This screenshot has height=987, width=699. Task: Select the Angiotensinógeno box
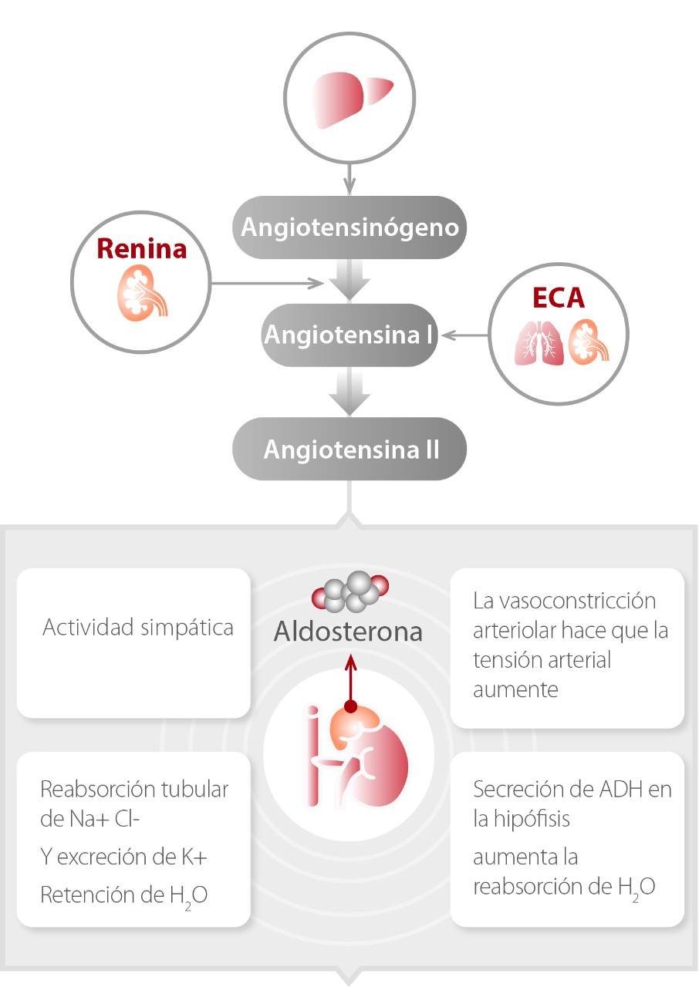click(x=350, y=227)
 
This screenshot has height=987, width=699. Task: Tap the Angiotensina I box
click(x=350, y=335)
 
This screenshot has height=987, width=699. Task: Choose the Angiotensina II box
click(x=350, y=449)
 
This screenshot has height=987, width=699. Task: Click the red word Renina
click(x=141, y=249)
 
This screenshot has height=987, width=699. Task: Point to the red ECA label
click(x=559, y=298)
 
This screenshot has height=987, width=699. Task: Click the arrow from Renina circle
click(x=266, y=283)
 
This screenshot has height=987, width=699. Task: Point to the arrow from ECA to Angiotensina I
click(x=466, y=335)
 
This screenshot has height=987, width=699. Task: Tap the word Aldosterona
click(x=349, y=632)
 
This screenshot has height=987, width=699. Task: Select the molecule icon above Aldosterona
click(x=350, y=592)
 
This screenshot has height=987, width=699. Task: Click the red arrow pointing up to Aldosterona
click(x=351, y=679)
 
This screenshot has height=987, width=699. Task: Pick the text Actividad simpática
click(x=138, y=627)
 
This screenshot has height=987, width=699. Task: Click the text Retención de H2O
click(x=123, y=894)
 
